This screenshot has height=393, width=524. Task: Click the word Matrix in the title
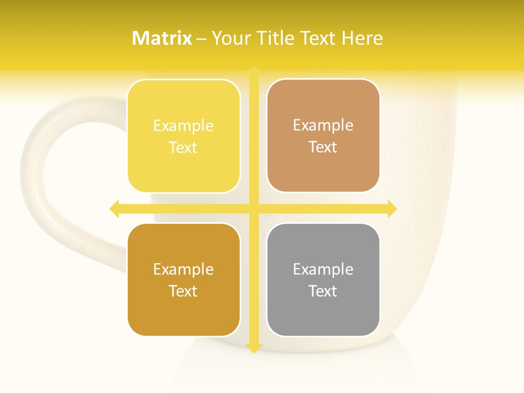pos(162,38)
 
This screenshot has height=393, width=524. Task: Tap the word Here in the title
pos(362,38)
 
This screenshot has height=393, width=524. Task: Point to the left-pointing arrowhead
pos(114,209)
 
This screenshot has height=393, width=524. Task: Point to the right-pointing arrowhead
pos(392,209)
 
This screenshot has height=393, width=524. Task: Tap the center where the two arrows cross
pos(254,209)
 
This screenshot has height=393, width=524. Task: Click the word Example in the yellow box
pos(183,126)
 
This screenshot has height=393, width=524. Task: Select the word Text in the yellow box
pos(183,148)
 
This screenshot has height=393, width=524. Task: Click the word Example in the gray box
pos(323,269)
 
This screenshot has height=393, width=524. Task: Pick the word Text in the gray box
pos(323,291)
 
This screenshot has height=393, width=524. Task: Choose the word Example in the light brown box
pos(323,126)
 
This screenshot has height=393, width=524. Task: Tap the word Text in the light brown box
pos(323,147)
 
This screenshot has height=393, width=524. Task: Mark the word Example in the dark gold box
pos(183,269)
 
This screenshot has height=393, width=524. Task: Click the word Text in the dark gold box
pos(183,291)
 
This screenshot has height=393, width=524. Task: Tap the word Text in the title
pos(317,38)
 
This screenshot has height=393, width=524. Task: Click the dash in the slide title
pos(201,39)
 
